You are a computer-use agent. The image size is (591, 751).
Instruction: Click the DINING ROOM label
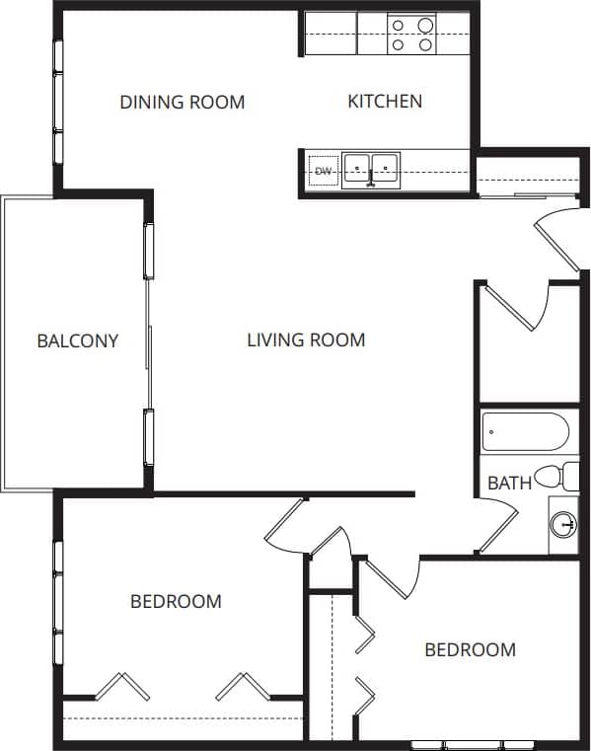(x=182, y=102)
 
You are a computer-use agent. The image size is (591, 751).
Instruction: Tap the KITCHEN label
(x=385, y=101)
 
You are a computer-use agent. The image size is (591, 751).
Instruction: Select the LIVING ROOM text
(x=306, y=340)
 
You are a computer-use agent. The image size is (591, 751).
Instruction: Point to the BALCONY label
(x=77, y=341)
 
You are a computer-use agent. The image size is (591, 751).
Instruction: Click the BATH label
(x=509, y=484)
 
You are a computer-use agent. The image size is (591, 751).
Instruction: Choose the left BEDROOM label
(x=176, y=601)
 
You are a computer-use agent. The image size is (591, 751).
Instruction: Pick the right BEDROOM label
(x=470, y=649)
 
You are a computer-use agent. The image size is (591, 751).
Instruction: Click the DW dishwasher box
(x=322, y=172)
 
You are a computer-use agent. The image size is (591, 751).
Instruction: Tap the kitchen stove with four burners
(x=412, y=35)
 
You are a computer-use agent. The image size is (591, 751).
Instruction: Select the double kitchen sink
(x=370, y=171)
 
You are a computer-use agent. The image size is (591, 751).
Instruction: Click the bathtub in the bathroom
(x=525, y=432)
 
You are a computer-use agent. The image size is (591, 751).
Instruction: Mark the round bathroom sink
(x=563, y=523)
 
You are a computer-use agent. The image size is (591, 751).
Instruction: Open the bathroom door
(x=498, y=528)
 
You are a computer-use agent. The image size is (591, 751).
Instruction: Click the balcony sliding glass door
(x=149, y=340)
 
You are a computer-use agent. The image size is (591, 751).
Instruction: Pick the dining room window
(x=58, y=102)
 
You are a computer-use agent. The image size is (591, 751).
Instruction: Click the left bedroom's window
(x=58, y=602)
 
